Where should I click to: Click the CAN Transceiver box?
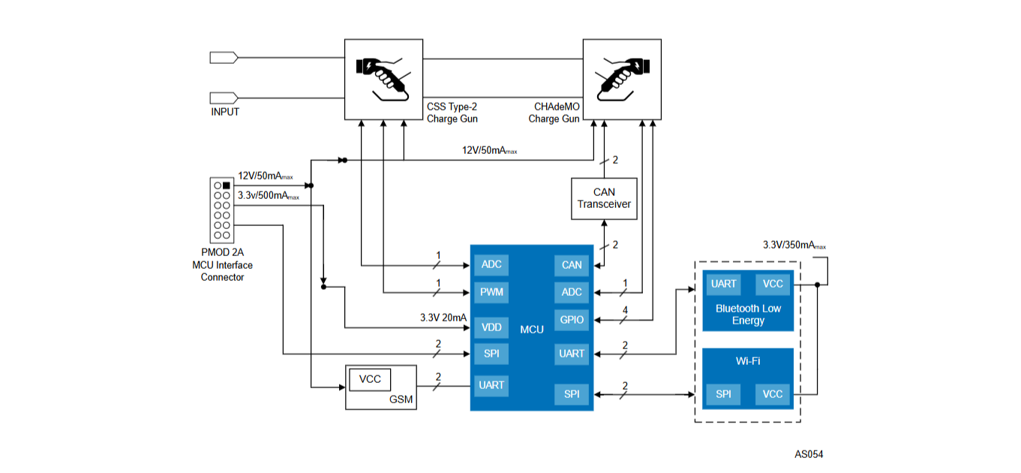pyautogui.click(x=604, y=198)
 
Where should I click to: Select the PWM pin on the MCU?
pyautogui.click(x=491, y=292)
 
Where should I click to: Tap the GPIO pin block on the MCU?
pyautogui.click(x=572, y=320)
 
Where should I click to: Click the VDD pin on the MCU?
pyautogui.click(x=491, y=327)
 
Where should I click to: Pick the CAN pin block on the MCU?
pyautogui.click(x=572, y=265)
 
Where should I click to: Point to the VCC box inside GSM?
pyautogui.click(x=370, y=379)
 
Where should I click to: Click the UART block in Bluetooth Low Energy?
pyautogui.click(x=723, y=284)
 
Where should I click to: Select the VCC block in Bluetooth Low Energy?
pyautogui.click(x=773, y=284)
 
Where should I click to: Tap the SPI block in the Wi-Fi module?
pyautogui.click(x=723, y=394)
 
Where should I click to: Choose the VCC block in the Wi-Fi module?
pyautogui.click(x=773, y=394)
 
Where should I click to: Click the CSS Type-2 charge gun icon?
pyautogui.click(x=383, y=79)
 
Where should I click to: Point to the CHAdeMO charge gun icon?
pyautogui.click(x=622, y=79)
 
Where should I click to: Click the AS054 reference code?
pyautogui.click(x=809, y=454)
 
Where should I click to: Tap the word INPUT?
pyautogui.click(x=225, y=112)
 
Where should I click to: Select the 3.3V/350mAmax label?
pyautogui.click(x=794, y=246)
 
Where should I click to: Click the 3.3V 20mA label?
pyautogui.click(x=443, y=318)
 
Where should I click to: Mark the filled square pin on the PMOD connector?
pyautogui.click(x=226, y=185)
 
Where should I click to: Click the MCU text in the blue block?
pyautogui.click(x=531, y=330)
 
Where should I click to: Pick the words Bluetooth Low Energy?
pyautogui.click(x=748, y=315)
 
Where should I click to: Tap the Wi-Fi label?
pyautogui.click(x=748, y=361)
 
